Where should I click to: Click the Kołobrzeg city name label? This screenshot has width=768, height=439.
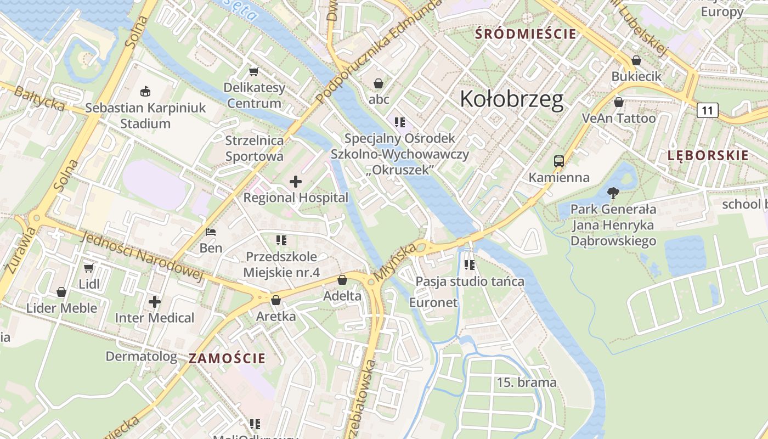pyautogui.click(x=511, y=99)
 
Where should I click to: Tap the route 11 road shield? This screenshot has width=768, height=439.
pyautogui.click(x=707, y=110)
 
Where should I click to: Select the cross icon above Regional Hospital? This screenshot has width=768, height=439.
pyautogui.click(x=296, y=182)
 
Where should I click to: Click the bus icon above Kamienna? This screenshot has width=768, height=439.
pyautogui.click(x=558, y=161)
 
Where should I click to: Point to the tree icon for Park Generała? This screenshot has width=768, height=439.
pyautogui.click(x=613, y=193)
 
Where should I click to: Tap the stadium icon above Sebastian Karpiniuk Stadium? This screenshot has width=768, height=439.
pyautogui.click(x=145, y=91)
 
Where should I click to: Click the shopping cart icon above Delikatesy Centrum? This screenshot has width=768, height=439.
pyautogui.click(x=253, y=72)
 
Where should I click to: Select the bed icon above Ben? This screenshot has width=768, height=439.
pyautogui.click(x=211, y=232)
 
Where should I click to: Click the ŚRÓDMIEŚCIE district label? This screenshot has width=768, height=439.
pyautogui.click(x=526, y=34)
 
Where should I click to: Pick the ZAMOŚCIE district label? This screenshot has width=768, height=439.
pyautogui.click(x=227, y=359)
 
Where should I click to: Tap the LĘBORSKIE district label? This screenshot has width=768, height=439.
pyautogui.click(x=708, y=155)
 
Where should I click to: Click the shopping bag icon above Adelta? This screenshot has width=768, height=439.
pyautogui.click(x=342, y=280)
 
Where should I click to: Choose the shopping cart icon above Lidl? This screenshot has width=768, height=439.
pyautogui.click(x=88, y=268)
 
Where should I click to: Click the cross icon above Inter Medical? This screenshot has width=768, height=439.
pyautogui.click(x=155, y=301)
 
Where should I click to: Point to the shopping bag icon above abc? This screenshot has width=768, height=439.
pyautogui.click(x=379, y=83)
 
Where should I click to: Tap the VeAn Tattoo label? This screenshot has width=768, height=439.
pyautogui.click(x=618, y=119)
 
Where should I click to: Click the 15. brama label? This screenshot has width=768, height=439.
pyautogui.click(x=527, y=382)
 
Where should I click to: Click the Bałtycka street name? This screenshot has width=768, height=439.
pyautogui.click(x=38, y=99)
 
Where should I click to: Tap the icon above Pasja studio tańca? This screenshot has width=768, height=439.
pyautogui.click(x=470, y=265)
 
